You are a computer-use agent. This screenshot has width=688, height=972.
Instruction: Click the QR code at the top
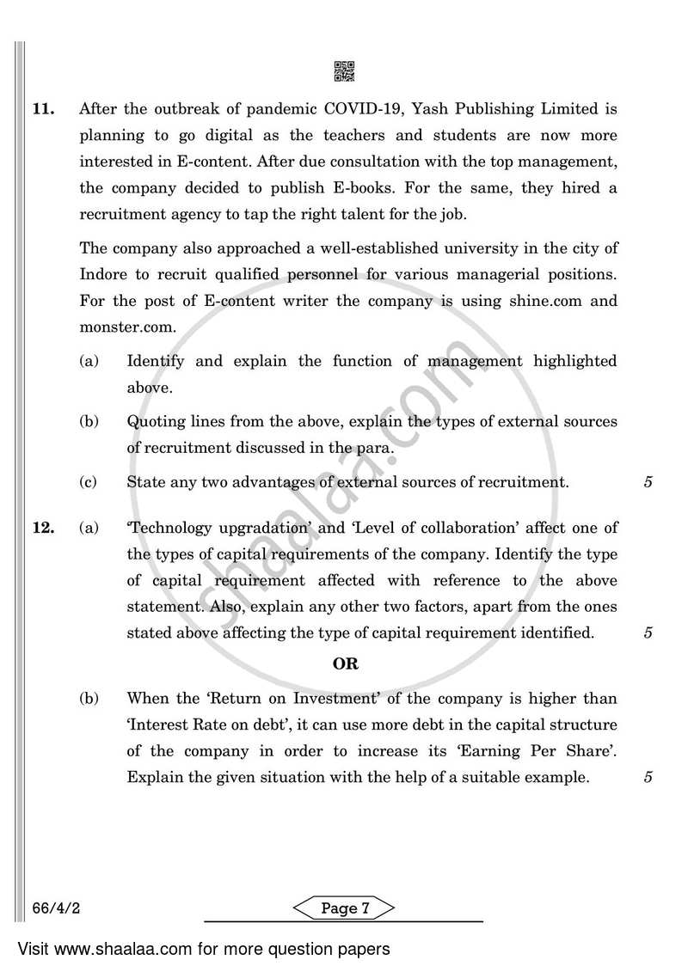(x=344, y=72)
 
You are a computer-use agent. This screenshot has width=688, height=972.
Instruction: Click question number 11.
(x=43, y=110)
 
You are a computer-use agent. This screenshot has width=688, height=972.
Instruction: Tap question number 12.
(x=43, y=528)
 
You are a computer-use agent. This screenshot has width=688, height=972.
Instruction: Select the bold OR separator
(x=345, y=663)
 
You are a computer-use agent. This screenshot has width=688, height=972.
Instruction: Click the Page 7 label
(x=344, y=909)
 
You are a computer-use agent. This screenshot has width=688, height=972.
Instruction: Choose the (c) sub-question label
(x=89, y=482)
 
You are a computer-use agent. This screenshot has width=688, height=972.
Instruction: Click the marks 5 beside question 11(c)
(x=648, y=482)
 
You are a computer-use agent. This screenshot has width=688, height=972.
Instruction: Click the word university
(x=465, y=249)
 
